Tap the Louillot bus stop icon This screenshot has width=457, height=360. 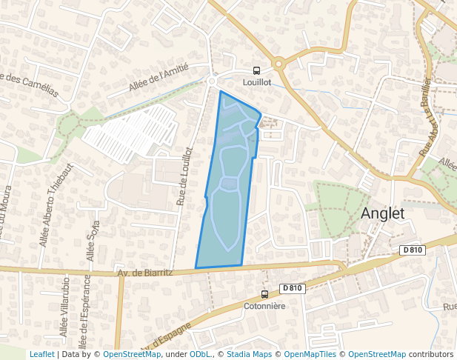(x=257, y=71)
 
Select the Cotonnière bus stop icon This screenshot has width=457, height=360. (x=265, y=294)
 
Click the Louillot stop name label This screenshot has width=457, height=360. (x=258, y=83)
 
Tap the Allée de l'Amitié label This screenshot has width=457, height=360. (x=159, y=77)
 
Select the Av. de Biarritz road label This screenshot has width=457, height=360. (x=145, y=273)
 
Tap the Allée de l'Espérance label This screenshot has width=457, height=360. (x=87, y=311)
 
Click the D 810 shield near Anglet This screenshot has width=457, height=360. (x=413, y=250)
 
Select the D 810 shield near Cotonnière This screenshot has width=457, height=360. (x=293, y=288)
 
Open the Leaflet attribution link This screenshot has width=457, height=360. (x=41, y=354)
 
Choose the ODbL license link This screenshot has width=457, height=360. (x=199, y=354)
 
